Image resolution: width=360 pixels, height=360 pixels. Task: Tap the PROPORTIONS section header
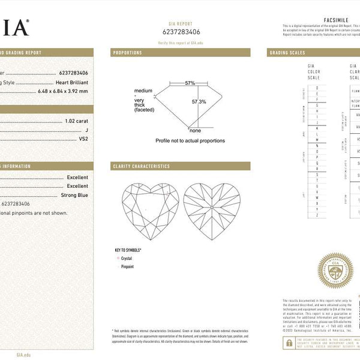pos(127,53)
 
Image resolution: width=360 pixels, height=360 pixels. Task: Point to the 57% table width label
pos(190,83)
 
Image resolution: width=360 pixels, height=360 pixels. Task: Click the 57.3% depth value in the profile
pos(199,102)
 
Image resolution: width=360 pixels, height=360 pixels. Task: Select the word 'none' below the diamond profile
pos(195,130)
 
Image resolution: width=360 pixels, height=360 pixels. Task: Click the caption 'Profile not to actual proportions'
pos(190,140)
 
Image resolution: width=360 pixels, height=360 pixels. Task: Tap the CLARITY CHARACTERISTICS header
pos(141,166)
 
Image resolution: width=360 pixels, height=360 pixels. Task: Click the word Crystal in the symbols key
pos(127,258)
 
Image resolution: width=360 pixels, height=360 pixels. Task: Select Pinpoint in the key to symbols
pos(127,266)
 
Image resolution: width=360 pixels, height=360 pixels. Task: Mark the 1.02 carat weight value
pos(76,121)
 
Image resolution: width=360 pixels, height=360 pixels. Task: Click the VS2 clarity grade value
pos(83,139)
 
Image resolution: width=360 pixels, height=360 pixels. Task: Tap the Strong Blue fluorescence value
pos(74,195)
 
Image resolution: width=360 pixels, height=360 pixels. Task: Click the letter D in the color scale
pos(316,88)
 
